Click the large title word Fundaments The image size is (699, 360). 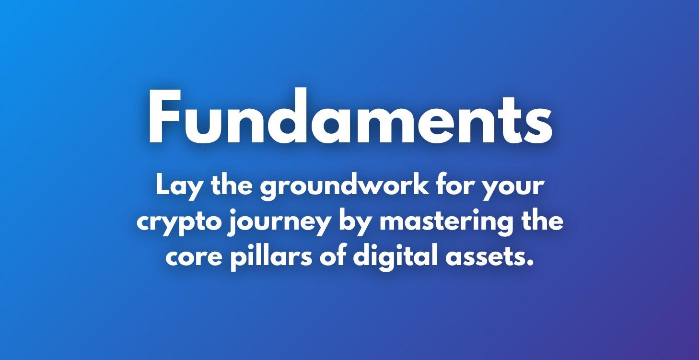point(350,117)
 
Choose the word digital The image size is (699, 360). point(393,257)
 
